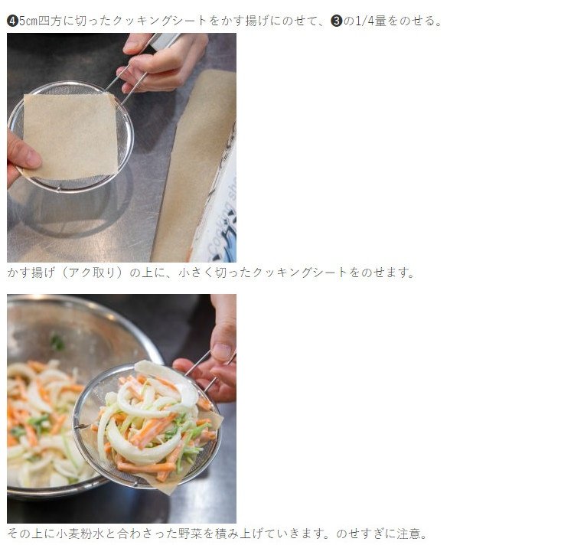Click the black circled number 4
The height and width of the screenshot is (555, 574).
tap(12, 21)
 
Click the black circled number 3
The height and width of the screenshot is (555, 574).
tap(336, 21)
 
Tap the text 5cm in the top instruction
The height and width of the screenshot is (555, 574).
tap(28, 21)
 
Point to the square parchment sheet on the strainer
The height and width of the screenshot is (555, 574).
tap(70, 135)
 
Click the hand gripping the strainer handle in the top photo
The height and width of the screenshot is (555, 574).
tap(164, 62)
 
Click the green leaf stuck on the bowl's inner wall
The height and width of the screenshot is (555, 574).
tap(57, 343)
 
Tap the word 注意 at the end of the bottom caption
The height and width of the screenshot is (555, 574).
tap(408, 534)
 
